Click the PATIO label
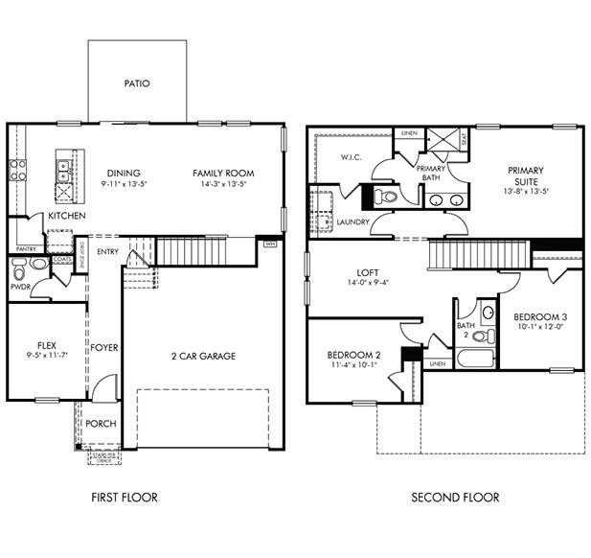(137, 83)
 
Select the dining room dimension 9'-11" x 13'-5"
(124, 184)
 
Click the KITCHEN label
(66, 217)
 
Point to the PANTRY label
(26, 248)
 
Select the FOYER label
(104, 347)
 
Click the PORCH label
(101, 423)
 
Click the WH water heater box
(270, 244)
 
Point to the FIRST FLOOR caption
(125, 497)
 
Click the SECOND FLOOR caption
(455, 497)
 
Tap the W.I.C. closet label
(351, 157)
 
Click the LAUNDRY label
(353, 222)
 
